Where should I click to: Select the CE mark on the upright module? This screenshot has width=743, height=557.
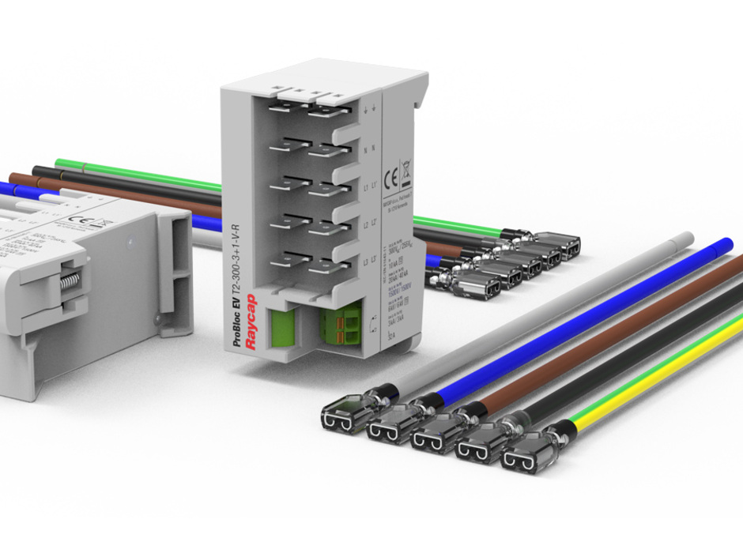click(388, 175)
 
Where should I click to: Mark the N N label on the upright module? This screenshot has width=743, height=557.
click(368, 149)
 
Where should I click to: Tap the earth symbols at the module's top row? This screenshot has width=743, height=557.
click(368, 110)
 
